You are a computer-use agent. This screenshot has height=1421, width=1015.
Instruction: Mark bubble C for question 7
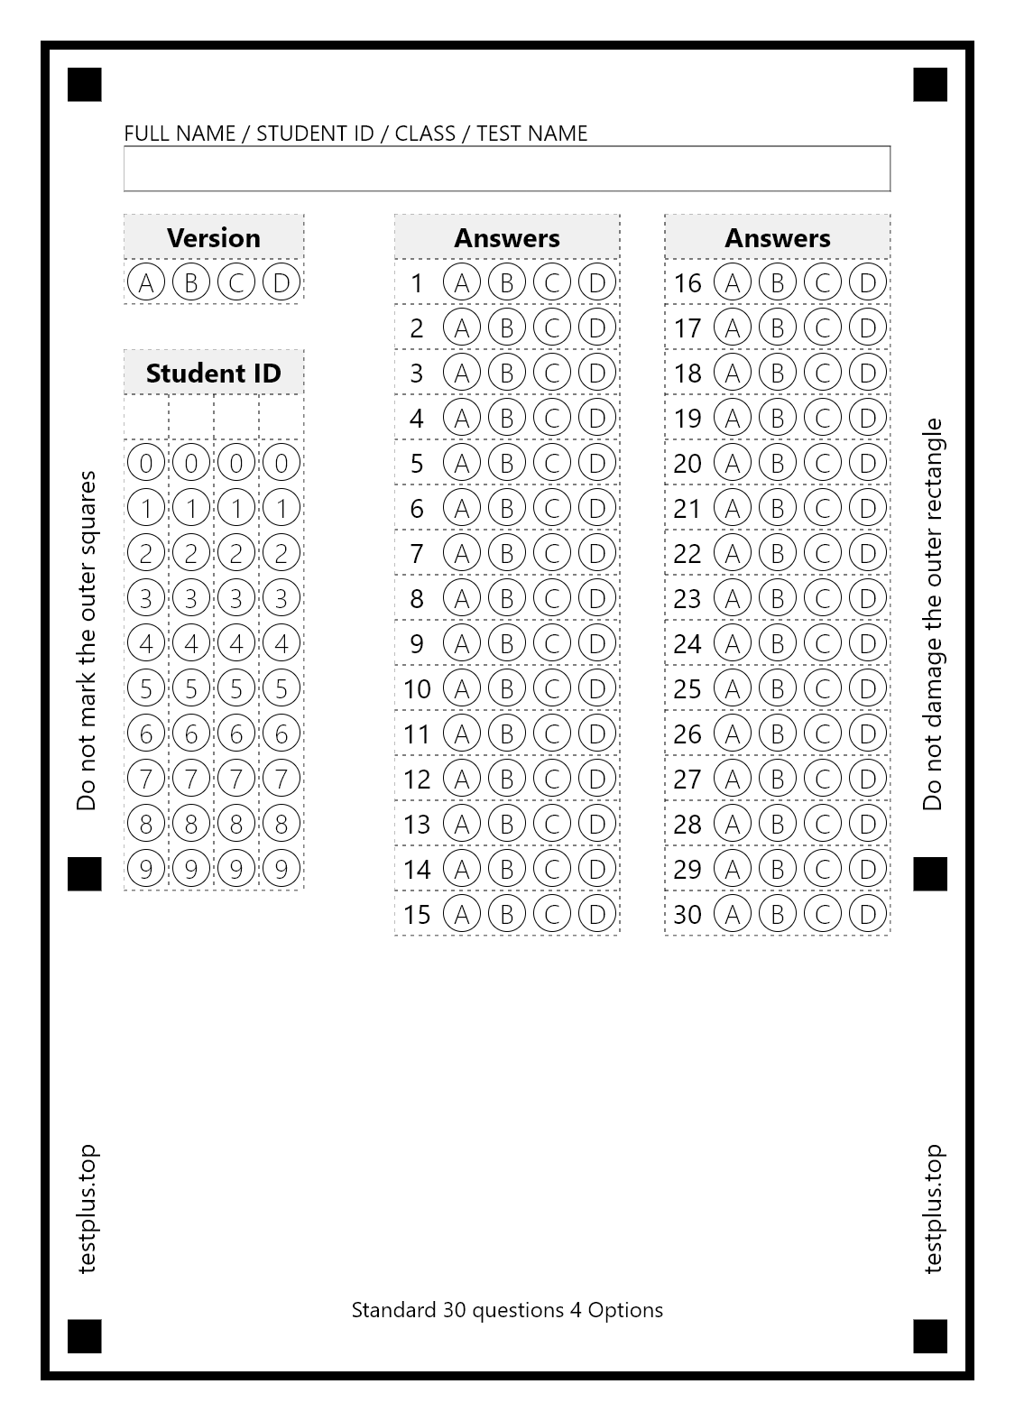coord(552,553)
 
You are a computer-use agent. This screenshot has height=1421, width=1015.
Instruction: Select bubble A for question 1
coord(462,282)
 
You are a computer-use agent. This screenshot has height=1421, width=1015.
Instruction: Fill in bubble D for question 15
coord(597,914)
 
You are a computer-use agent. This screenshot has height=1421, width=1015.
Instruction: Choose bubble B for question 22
coord(778,553)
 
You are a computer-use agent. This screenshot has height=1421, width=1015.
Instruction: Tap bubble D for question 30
coord(868,914)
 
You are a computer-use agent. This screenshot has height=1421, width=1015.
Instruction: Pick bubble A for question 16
coord(733,282)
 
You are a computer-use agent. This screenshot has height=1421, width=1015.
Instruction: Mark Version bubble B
coord(191,282)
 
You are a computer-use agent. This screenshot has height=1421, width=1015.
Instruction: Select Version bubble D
coord(281,282)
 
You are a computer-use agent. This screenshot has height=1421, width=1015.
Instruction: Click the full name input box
coord(506,169)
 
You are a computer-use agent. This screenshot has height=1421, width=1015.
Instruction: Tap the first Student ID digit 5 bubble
coord(146,688)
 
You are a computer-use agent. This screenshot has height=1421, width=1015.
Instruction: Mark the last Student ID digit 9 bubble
coord(281,869)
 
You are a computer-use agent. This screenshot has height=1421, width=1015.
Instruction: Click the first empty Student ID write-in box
coord(146,417)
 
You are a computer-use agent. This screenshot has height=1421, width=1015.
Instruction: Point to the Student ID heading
coord(214,373)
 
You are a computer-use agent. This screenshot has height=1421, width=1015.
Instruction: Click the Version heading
coord(214,237)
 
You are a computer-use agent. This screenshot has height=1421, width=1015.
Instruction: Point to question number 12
coord(417,779)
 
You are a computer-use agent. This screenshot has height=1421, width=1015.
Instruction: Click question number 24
coord(687,643)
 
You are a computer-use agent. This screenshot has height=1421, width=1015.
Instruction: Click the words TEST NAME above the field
coord(531,134)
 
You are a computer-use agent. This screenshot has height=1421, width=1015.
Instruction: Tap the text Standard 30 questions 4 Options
coord(507,1310)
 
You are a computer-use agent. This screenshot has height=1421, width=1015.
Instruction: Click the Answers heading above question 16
coord(778,237)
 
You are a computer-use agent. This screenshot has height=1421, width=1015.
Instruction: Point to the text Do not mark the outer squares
coord(87,641)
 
